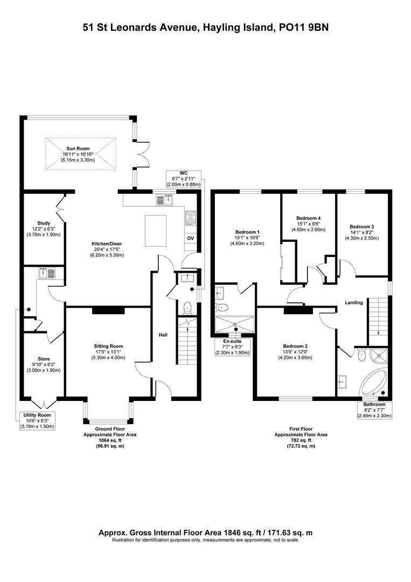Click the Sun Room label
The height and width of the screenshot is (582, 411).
[x=78, y=148]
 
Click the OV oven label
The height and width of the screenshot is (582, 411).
[x=190, y=238]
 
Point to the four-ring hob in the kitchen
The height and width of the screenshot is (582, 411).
[x=191, y=217]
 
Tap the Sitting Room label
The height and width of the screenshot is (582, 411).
[x=108, y=346]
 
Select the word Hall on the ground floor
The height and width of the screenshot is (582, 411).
[x=163, y=335]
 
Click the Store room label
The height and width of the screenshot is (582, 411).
[x=44, y=358]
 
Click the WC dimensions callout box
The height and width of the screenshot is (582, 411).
[x=183, y=178]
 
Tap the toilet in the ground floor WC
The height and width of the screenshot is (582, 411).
[x=187, y=308]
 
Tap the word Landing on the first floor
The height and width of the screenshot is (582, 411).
[x=354, y=303]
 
